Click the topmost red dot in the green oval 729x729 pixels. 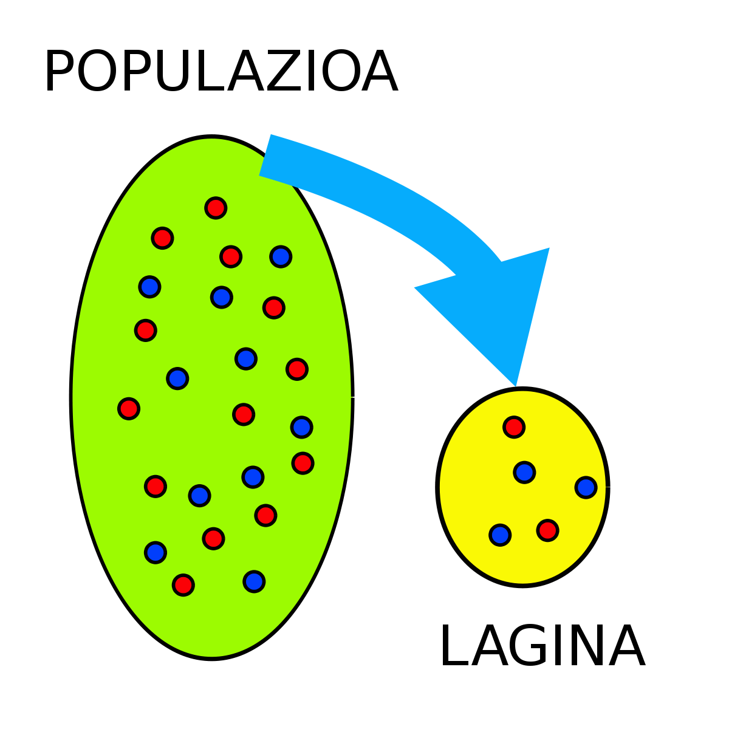[216, 208]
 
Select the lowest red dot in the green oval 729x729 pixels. [183, 585]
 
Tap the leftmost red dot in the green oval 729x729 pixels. [129, 408]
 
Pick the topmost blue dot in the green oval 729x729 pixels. [281, 256]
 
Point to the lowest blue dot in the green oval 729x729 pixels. [254, 581]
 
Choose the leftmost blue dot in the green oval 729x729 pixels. [149, 287]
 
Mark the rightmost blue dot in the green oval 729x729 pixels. [301, 427]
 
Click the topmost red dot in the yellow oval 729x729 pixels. [514, 427]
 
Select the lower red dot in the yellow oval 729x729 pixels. [547, 530]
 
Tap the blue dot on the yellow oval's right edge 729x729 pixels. [586, 487]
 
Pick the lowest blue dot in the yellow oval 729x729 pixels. [500, 535]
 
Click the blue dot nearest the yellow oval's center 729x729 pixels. [524, 472]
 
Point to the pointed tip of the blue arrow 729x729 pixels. [515, 384]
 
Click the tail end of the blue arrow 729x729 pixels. [265, 155]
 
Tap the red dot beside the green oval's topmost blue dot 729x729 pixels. [231, 256]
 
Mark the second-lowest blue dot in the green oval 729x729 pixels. [156, 552]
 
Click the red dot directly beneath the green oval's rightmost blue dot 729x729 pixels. [303, 463]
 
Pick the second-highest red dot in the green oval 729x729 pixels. [162, 238]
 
